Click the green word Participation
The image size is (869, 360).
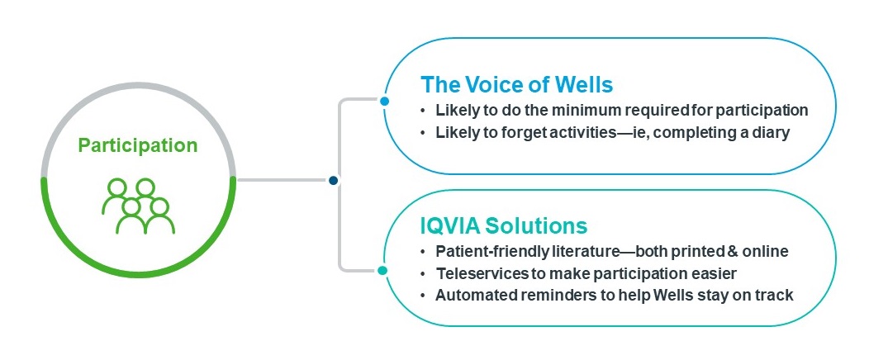tap(137, 146)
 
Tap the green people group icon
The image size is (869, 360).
tap(139, 206)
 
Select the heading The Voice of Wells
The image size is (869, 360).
tap(516, 85)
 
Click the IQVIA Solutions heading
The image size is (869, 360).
tap(504, 226)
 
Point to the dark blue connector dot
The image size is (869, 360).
tap(333, 180)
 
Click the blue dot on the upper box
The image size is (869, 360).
tap(385, 102)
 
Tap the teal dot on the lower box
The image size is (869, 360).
tap(382, 270)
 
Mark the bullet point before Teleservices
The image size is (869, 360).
tap(424, 273)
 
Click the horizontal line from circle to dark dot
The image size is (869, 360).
tap(283, 180)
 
